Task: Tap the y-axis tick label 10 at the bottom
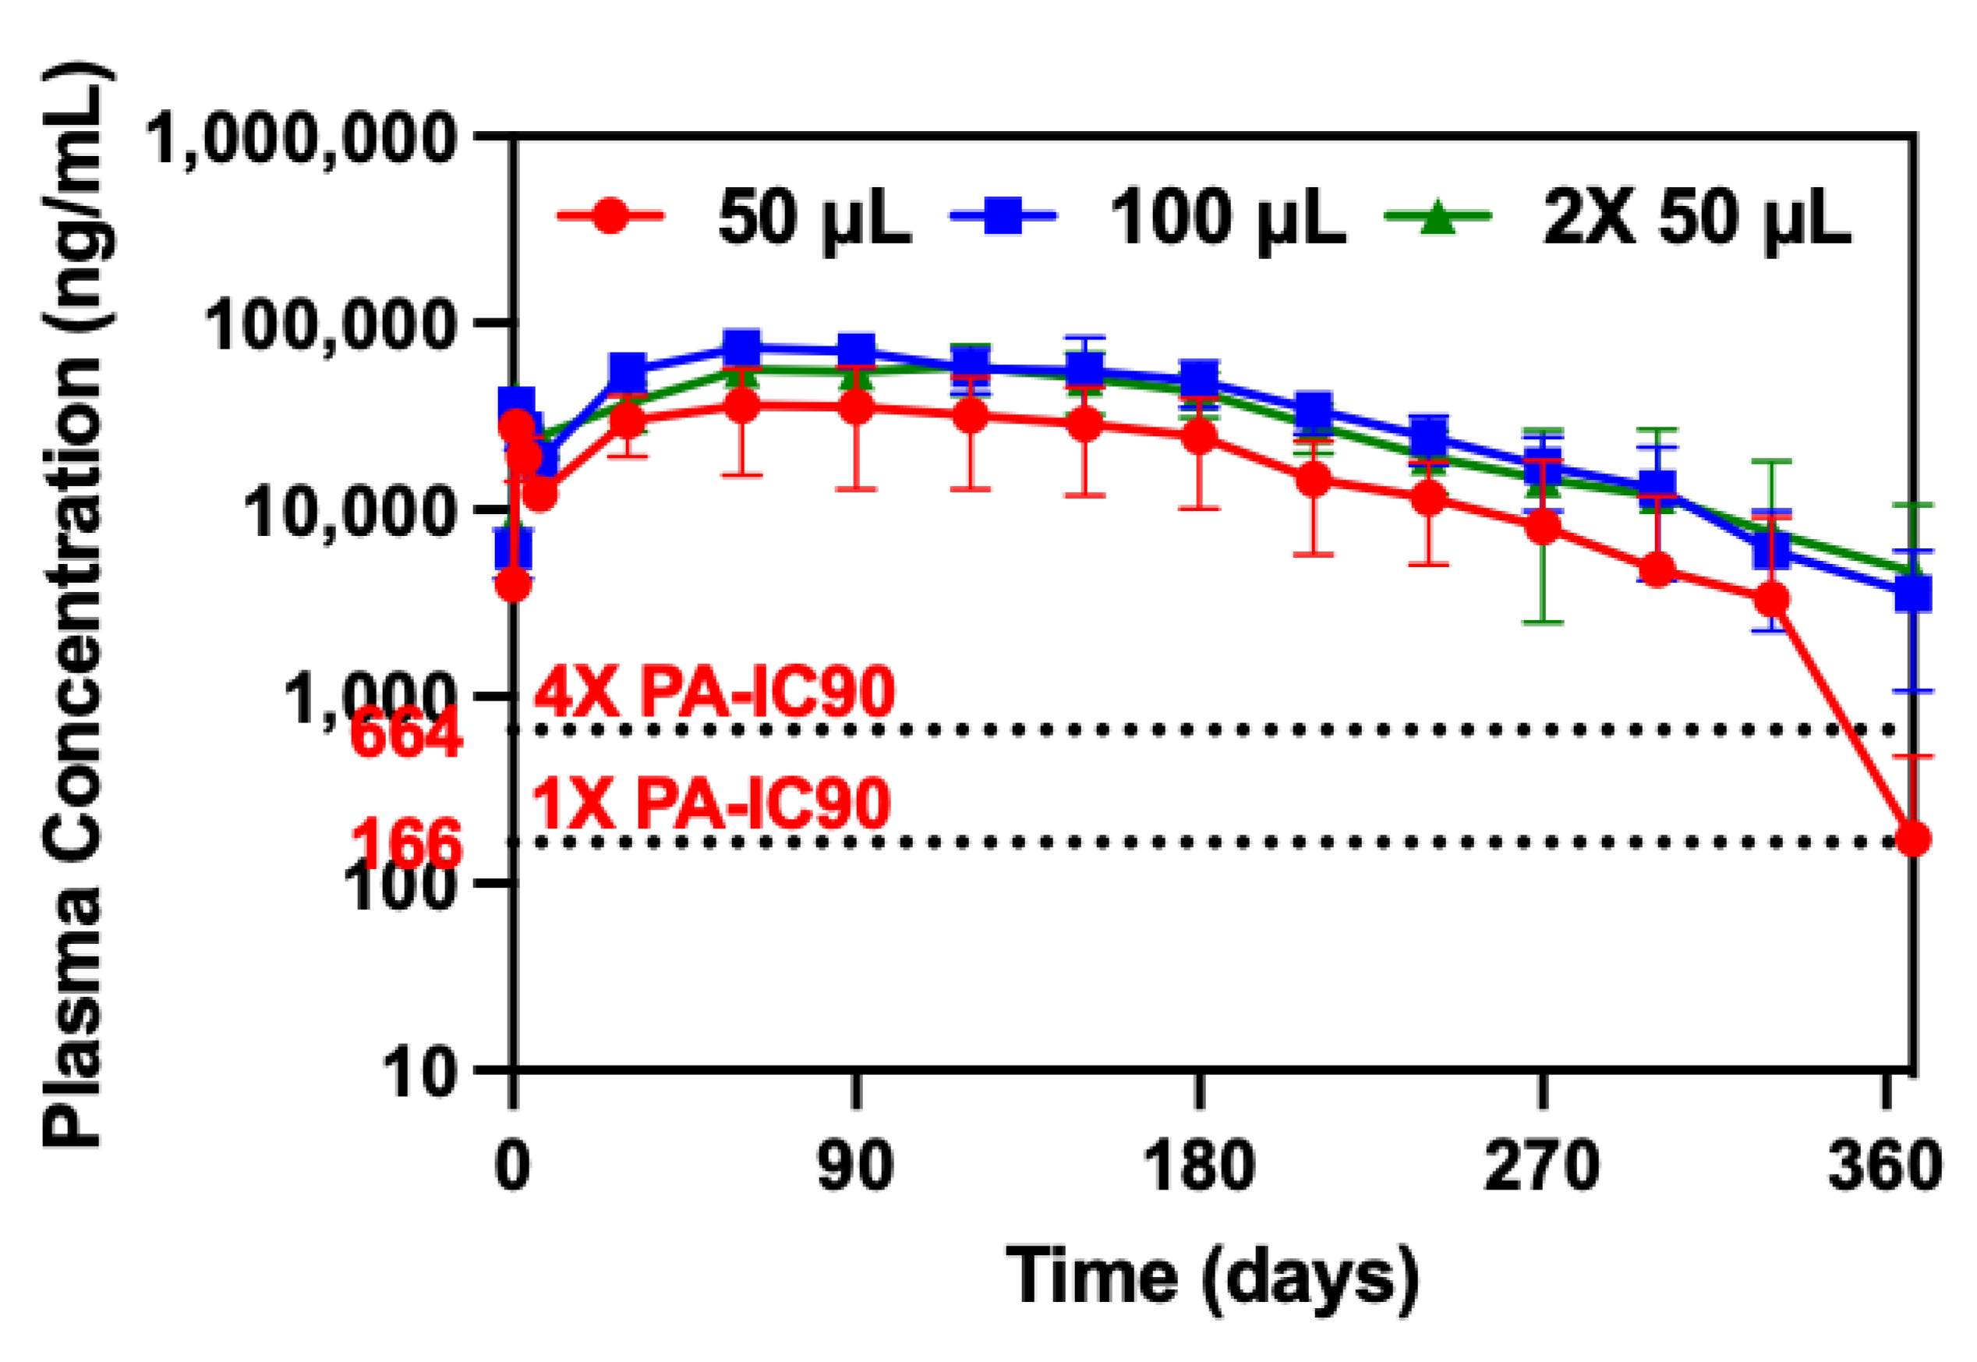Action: pyautogui.click(x=418, y=1072)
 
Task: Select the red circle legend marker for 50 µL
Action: pyautogui.click(x=610, y=215)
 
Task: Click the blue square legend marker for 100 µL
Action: pyautogui.click(x=1003, y=215)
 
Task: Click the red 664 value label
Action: pyautogui.click(x=406, y=734)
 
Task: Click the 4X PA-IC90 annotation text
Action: pyautogui.click(x=715, y=691)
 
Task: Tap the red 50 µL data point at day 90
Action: pyautogui.click(x=855, y=408)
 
